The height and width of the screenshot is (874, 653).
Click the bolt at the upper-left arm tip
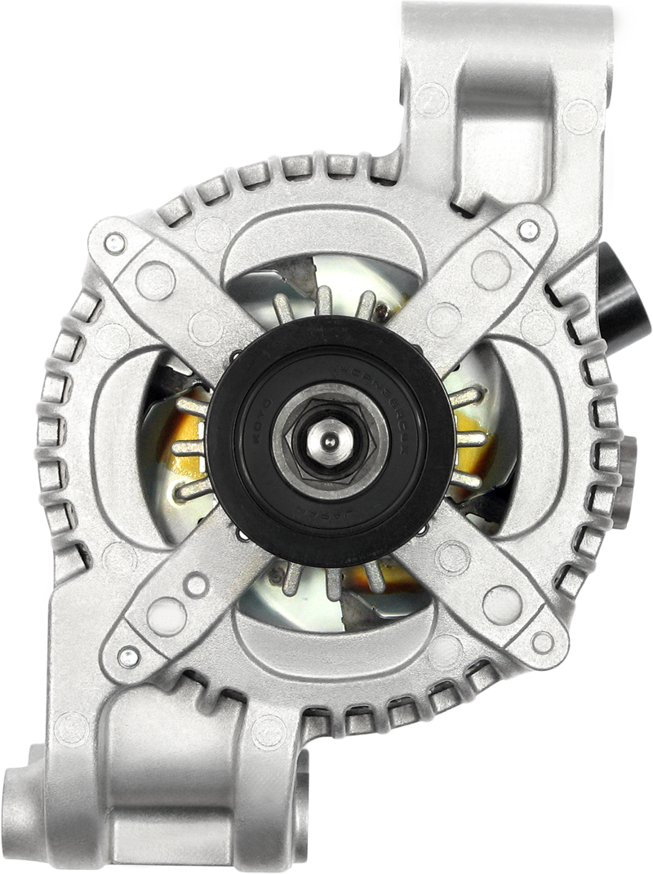point(115,242)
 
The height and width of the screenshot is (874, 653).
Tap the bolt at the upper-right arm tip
point(529,230)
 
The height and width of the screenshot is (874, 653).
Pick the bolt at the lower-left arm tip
point(127,655)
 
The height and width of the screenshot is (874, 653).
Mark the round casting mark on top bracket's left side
point(431,100)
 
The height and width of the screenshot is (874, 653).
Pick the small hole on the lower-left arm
point(196,583)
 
